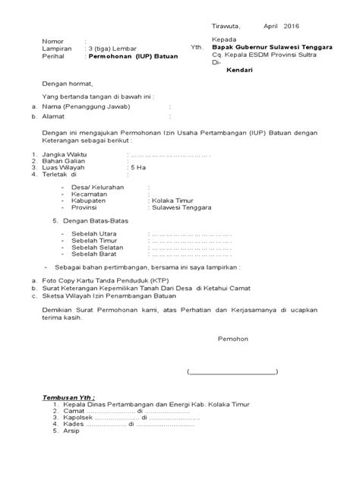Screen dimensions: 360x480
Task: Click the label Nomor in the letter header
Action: click(54, 40)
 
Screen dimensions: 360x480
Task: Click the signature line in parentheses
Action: click(232, 372)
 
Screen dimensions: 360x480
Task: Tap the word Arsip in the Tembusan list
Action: click(71, 431)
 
